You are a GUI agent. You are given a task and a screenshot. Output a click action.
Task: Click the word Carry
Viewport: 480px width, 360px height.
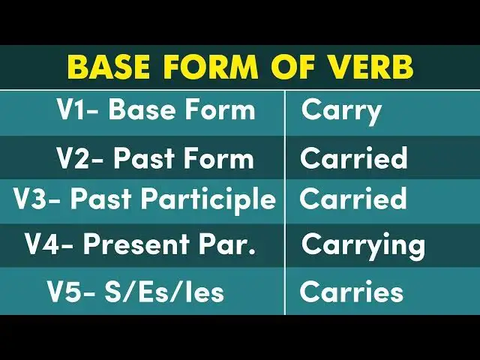(341, 111)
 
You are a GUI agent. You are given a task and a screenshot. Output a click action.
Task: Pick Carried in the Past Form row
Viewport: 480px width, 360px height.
(353, 158)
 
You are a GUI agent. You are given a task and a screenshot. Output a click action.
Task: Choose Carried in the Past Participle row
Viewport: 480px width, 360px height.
(353, 199)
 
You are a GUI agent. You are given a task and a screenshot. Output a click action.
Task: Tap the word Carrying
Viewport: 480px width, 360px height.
(363, 245)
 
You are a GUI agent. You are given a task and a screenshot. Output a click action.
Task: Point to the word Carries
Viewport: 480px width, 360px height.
(352, 292)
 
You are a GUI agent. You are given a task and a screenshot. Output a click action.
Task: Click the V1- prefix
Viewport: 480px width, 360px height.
(79, 110)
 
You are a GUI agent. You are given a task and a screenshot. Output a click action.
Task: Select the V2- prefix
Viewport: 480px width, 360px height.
(80, 158)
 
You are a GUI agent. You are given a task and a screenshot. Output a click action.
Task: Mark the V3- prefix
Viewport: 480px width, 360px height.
(37, 199)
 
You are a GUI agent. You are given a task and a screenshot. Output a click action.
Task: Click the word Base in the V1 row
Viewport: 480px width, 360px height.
(145, 110)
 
